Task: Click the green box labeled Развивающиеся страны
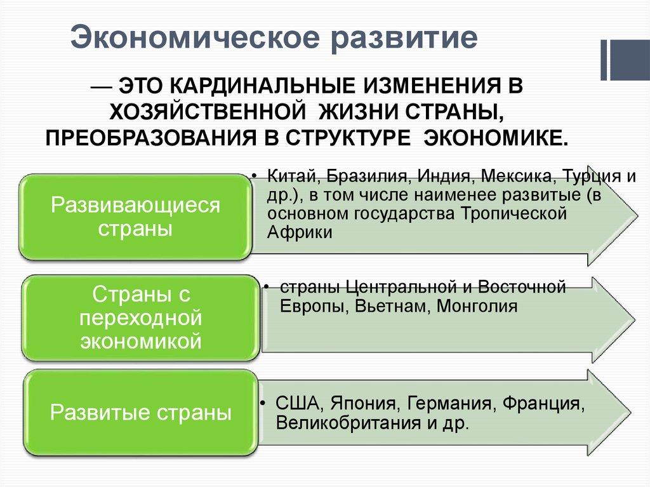pyautogui.click(x=135, y=217)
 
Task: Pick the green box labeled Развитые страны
pyautogui.click(x=140, y=413)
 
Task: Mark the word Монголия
pyautogui.click(x=468, y=306)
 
